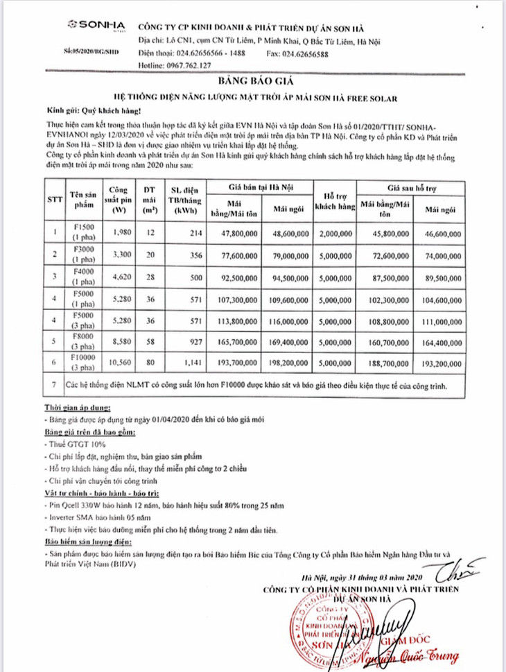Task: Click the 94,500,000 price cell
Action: coord(290,277)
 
